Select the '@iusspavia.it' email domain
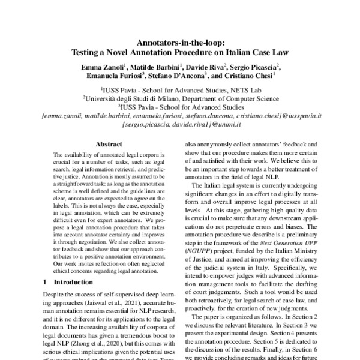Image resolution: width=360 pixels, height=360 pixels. tap(298, 112)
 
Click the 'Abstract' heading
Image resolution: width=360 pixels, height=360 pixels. tap(109, 144)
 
